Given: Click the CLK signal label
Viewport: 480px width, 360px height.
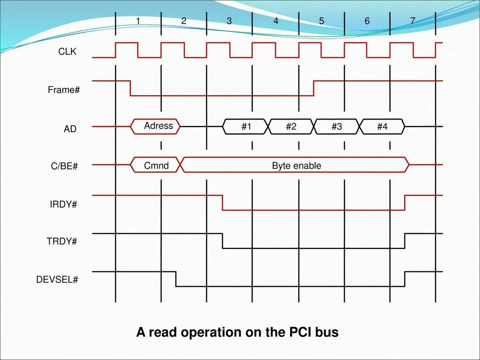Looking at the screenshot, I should click(x=67, y=52).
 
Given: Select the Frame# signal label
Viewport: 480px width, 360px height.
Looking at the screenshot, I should click(x=64, y=90).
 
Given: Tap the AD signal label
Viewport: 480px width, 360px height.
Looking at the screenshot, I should click(x=70, y=129).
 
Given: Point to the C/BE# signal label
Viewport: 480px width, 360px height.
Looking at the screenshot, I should click(x=64, y=166).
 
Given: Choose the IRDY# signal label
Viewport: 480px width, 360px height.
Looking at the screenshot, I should click(x=63, y=205).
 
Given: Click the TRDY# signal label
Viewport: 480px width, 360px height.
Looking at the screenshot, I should click(x=62, y=242).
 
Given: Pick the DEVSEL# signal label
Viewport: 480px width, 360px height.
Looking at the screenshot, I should click(x=57, y=280).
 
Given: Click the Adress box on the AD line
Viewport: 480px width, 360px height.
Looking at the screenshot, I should click(x=157, y=126).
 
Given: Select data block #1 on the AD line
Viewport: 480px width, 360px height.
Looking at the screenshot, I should click(x=247, y=127).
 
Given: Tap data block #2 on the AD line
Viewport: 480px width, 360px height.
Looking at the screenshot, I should click(x=291, y=127).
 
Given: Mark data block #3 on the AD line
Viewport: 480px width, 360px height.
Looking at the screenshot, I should click(x=337, y=127).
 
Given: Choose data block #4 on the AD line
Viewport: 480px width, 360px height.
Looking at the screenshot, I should click(x=382, y=127).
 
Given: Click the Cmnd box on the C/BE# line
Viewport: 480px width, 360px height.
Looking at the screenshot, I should click(x=156, y=165).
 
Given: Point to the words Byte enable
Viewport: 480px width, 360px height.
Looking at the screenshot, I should click(x=296, y=165).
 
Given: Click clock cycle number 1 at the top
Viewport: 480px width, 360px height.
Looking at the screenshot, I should click(x=138, y=21).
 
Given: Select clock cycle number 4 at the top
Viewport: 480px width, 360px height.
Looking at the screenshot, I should click(x=276, y=21).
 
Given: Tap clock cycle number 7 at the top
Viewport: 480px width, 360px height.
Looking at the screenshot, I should click(x=412, y=21).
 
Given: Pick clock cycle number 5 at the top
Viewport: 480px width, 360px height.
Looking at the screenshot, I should click(x=322, y=21).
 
